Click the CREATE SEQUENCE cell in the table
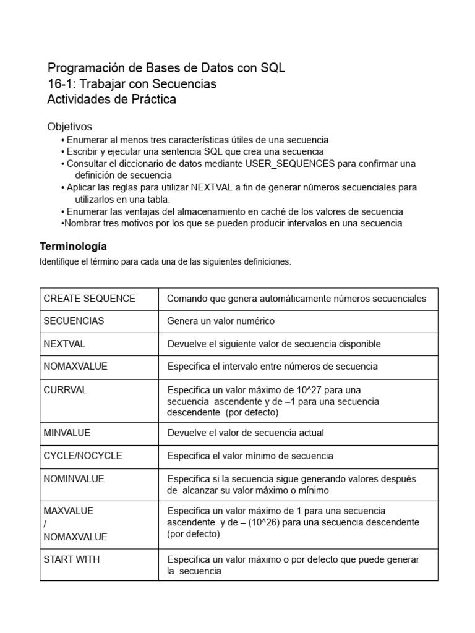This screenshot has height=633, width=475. click(x=89, y=299)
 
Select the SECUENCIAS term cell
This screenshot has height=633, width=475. click(x=74, y=321)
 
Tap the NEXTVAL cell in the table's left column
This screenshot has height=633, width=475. click(x=64, y=344)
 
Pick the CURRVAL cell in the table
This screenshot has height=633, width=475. click(x=65, y=389)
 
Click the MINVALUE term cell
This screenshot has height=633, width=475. click(x=66, y=433)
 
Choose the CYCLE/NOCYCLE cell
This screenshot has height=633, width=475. click(x=82, y=456)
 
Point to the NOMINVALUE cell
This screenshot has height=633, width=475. click(x=74, y=478)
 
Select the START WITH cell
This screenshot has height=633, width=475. click(x=71, y=559)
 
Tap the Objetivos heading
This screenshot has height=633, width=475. click(x=69, y=127)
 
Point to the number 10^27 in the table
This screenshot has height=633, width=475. click(x=307, y=389)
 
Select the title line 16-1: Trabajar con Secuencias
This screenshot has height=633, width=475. click(x=132, y=84)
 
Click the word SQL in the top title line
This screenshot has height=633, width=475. click(x=273, y=68)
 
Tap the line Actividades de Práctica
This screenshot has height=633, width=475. click(x=111, y=100)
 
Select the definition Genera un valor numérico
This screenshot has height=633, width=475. click(x=221, y=321)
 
